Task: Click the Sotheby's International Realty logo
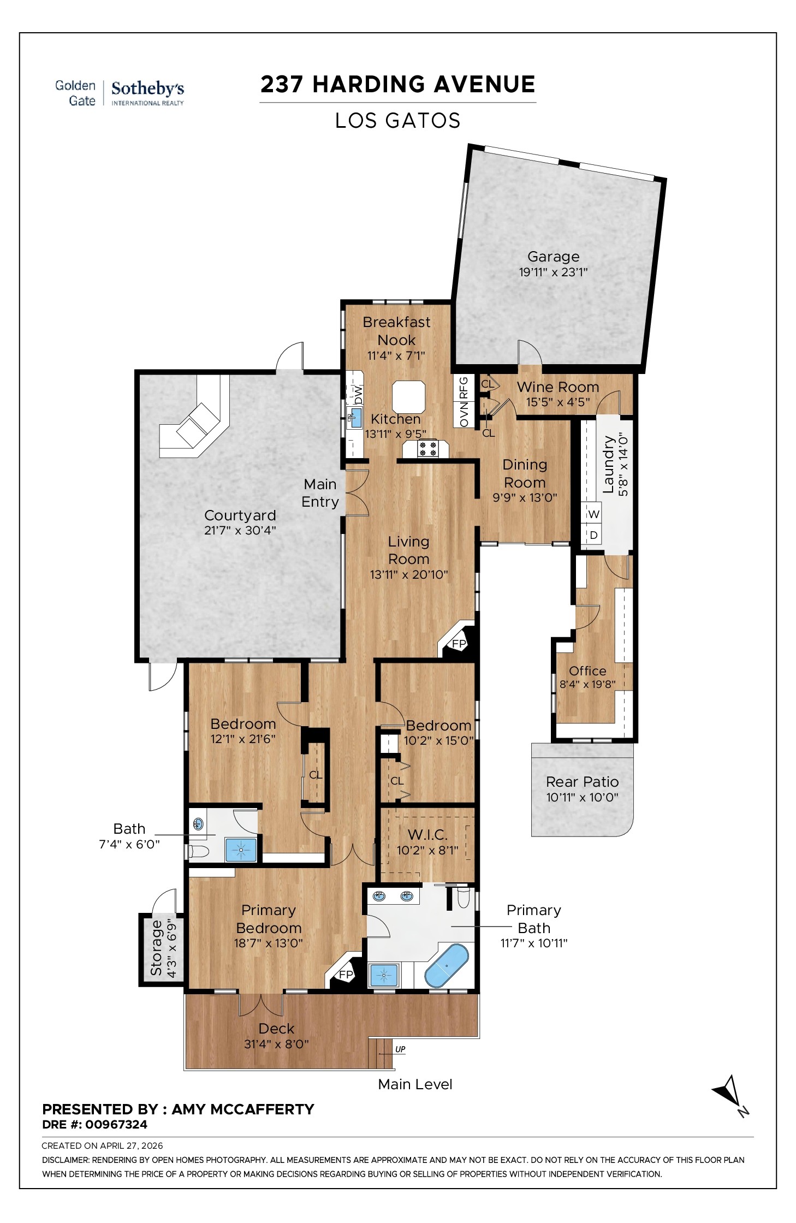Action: (147, 93)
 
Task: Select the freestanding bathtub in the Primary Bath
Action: (447, 965)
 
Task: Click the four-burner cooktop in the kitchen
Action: (427, 448)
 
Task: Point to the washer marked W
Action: (594, 514)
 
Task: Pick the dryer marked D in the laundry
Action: (594, 535)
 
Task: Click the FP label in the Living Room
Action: (459, 644)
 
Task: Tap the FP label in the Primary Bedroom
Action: (346, 975)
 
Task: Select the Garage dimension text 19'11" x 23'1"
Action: (553, 272)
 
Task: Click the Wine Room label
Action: (558, 387)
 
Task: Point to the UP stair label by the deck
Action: (400, 1049)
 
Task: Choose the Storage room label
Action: (157, 947)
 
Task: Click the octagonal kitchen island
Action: (409, 397)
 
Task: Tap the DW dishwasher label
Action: (358, 394)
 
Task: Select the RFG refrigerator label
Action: (464, 388)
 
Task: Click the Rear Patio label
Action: (582, 782)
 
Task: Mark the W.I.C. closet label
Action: (427, 835)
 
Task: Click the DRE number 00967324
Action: (116, 1124)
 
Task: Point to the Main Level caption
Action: (415, 1084)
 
